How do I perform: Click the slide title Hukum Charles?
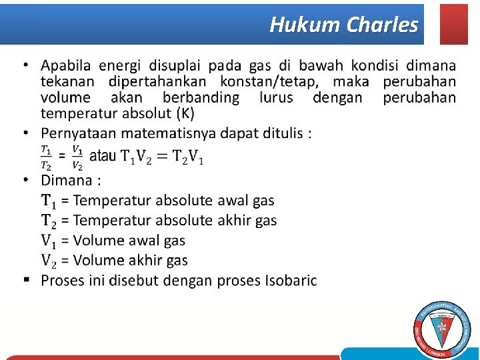pos(344,25)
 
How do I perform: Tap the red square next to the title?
pos(454,24)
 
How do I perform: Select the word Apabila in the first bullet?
pos(67,65)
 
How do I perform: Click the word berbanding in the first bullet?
pos(201,97)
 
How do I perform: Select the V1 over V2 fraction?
pos(77,157)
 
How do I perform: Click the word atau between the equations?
pos(103,157)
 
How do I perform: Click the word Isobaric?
pos(289,280)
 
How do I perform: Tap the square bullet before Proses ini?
pos(25,279)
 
